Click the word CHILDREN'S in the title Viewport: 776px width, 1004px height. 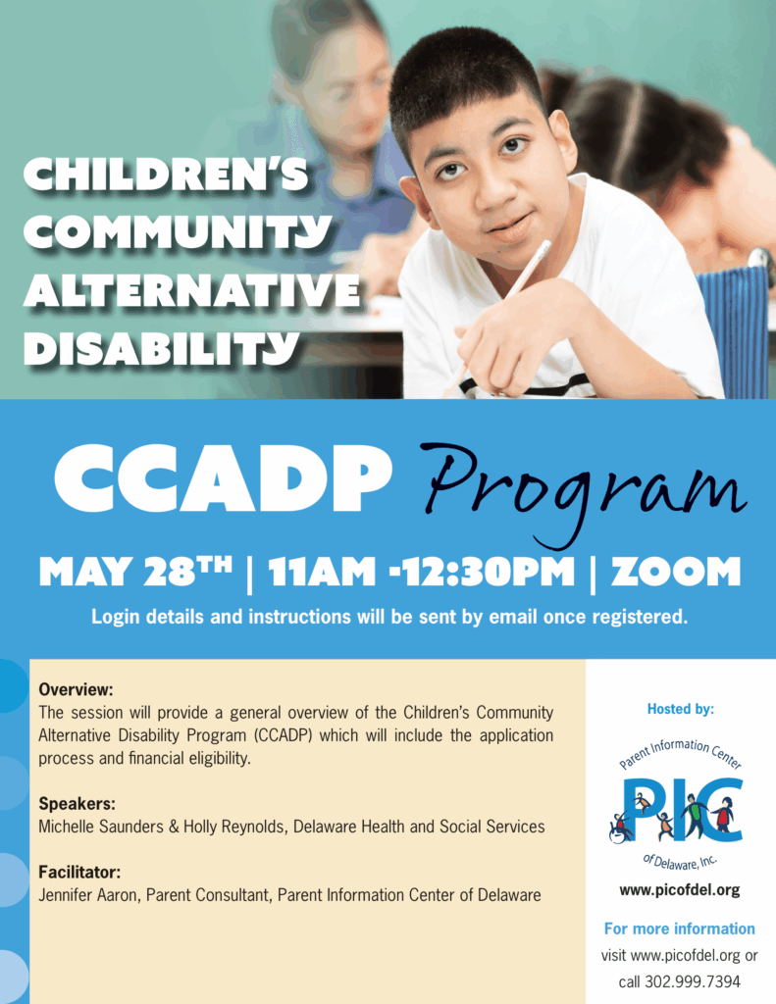tap(166, 175)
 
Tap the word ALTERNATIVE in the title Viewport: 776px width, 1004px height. tap(192, 290)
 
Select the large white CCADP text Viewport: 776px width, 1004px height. tap(223, 477)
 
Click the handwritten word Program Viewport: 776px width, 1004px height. tap(584, 493)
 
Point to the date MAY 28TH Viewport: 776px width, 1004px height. tap(135, 572)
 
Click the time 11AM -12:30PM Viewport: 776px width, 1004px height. tap(421, 572)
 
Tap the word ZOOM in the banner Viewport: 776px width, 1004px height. tap(675, 572)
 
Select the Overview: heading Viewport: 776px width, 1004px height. tap(76, 689)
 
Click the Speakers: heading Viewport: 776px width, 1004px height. tap(77, 804)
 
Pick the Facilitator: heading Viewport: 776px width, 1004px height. tap(79, 872)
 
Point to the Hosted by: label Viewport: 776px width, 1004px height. tap(681, 709)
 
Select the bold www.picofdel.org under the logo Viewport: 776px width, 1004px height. tap(679, 890)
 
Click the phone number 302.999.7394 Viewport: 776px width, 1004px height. tap(692, 981)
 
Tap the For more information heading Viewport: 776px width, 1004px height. tap(679, 929)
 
